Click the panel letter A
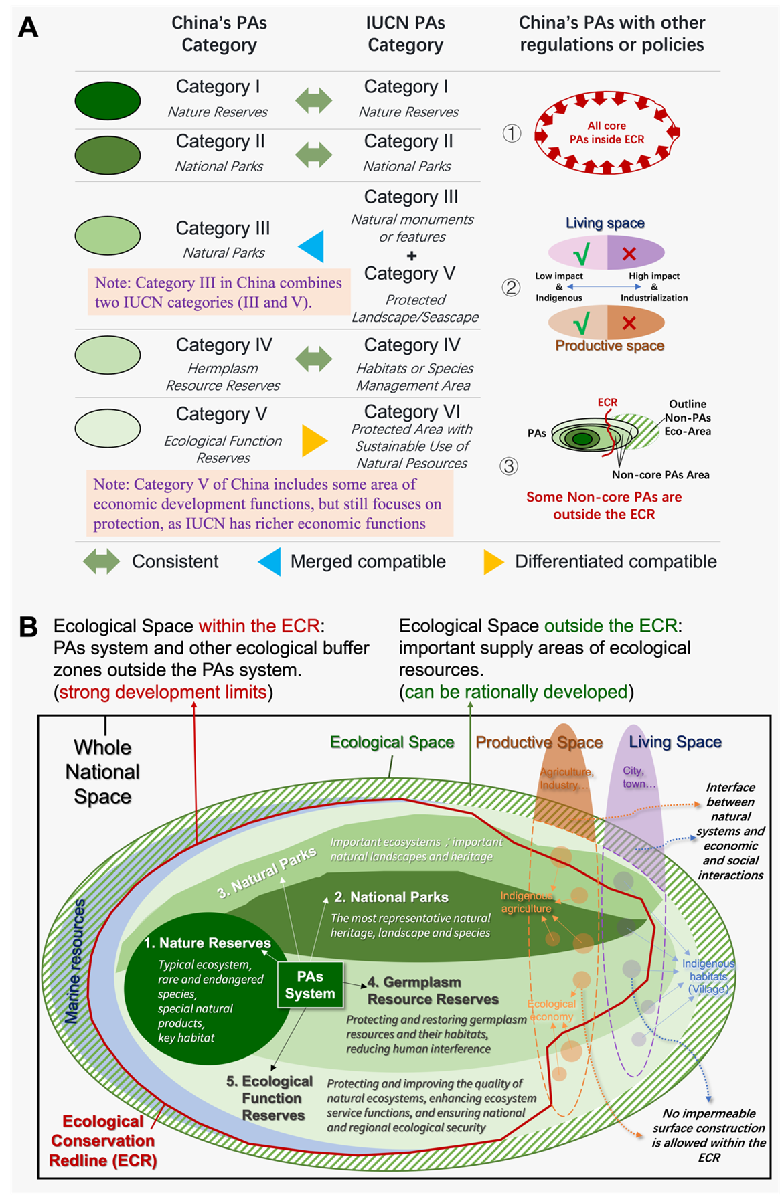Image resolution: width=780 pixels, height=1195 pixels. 28,27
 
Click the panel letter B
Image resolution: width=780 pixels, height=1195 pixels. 28,627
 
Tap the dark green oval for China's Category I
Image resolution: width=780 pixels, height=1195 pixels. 108,100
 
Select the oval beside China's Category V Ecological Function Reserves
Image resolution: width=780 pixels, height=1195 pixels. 108,428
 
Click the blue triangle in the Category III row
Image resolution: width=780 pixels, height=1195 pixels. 312,246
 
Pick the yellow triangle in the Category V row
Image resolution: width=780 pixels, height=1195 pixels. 314,440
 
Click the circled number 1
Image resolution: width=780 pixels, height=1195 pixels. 512,134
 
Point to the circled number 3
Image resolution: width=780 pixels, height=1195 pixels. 509,466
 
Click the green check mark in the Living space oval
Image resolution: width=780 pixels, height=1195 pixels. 581,254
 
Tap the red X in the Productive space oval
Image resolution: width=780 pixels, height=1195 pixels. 629,323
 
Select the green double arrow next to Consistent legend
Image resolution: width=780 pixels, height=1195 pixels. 101,561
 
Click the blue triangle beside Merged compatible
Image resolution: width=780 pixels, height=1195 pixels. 270,562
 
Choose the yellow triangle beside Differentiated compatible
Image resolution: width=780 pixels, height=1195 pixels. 493,562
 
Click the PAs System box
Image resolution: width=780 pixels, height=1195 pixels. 310,985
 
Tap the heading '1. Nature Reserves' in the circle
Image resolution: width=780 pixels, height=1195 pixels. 208,943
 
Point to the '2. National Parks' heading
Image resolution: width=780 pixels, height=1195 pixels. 392,897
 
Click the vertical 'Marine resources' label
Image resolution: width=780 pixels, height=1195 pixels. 75,961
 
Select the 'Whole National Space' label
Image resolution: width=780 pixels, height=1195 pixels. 102,771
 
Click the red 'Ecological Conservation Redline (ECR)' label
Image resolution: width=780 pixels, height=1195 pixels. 103,1141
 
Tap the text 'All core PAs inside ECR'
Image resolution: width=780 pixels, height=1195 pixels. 607,132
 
